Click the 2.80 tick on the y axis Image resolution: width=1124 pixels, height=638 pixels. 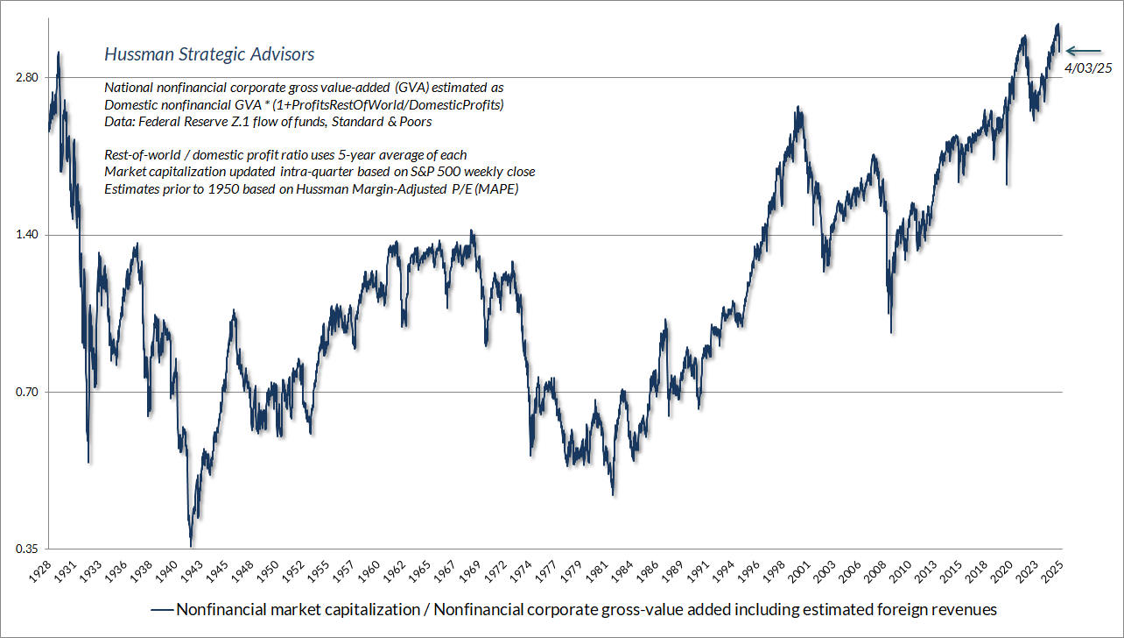click(x=27, y=78)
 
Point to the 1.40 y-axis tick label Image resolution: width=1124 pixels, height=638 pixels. click(x=27, y=235)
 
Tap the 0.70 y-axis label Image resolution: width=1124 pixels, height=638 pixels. click(x=27, y=392)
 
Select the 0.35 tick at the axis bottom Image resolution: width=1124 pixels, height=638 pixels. click(x=27, y=549)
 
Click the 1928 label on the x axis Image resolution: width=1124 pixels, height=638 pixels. click(x=39, y=571)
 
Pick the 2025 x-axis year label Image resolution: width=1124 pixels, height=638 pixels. click(x=1053, y=571)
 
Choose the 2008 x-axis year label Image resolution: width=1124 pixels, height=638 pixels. click(x=876, y=571)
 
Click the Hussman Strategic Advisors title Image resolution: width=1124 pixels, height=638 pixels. click(x=209, y=54)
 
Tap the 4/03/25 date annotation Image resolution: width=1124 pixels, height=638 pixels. click(x=1086, y=68)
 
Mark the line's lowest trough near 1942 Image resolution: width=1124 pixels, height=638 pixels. click(x=191, y=546)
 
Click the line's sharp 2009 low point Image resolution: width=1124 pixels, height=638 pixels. click(x=891, y=332)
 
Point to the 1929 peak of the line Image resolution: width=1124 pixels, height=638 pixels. click(x=59, y=53)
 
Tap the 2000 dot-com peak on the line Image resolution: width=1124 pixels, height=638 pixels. click(x=798, y=109)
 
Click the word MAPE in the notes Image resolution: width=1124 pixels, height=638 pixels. click(x=499, y=189)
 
